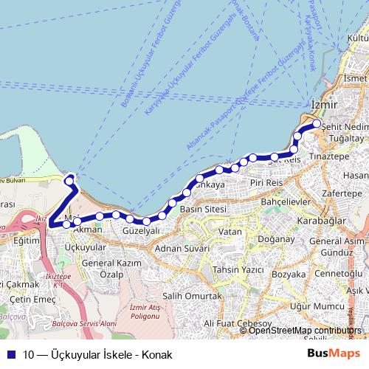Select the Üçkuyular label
(86, 246)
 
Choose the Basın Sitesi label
(202, 210)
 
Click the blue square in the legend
(12, 354)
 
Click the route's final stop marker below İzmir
(316, 124)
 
